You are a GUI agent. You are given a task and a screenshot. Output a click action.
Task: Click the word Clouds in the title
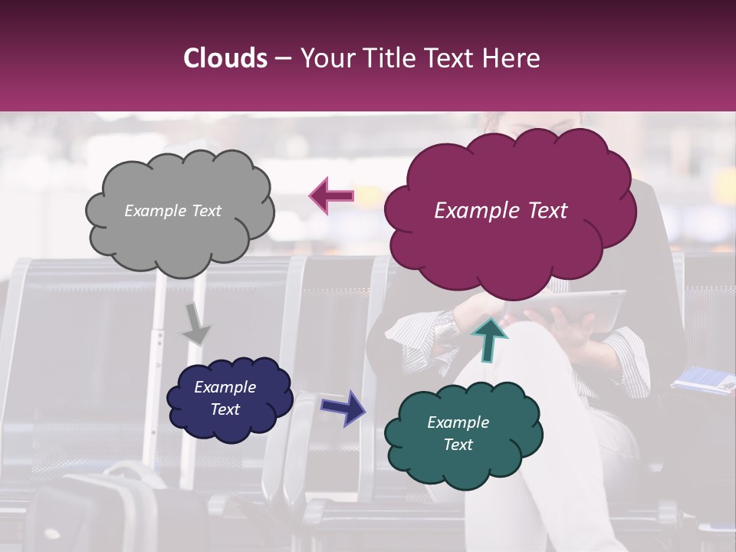click(x=225, y=58)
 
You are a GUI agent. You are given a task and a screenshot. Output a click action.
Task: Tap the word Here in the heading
click(x=513, y=58)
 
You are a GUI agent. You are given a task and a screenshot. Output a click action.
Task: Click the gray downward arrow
click(x=196, y=326)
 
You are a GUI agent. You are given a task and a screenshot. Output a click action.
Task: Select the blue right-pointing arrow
click(x=343, y=407)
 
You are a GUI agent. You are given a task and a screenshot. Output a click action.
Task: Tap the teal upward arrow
click(x=489, y=338)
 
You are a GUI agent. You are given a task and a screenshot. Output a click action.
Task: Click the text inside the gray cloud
click(x=172, y=211)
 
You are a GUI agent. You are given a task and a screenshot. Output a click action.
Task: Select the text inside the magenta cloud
click(x=501, y=211)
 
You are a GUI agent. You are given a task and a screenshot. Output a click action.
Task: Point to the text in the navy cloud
click(x=225, y=398)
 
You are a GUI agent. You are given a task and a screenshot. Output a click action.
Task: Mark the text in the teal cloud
click(x=458, y=433)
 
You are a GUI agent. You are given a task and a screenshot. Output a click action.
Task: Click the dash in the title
click(x=282, y=59)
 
